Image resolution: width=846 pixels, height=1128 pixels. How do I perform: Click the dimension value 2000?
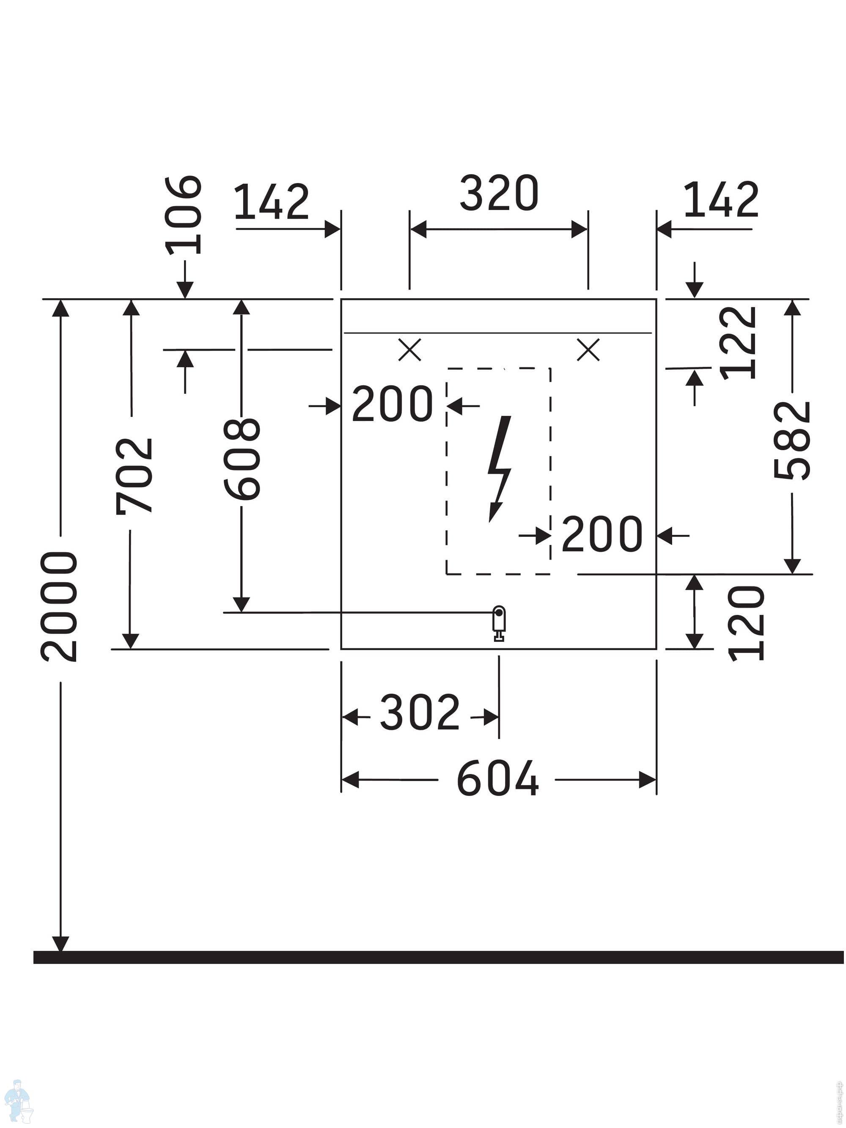[59, 607]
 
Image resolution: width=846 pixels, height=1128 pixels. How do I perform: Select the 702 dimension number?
[134, 476]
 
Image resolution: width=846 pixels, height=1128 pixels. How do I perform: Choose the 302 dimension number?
[420, 712]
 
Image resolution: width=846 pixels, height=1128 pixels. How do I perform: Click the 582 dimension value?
[791, 440]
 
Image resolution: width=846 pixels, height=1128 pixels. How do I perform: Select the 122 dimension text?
[737, 343]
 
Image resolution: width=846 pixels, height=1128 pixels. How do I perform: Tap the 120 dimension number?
[746, 623]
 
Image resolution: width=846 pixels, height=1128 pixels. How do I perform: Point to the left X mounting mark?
[409, 350]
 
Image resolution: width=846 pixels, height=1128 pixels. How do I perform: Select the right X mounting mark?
[588, 350]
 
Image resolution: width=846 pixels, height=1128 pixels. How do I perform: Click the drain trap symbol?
[499, 623]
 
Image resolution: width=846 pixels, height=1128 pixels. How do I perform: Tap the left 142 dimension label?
[271, 201]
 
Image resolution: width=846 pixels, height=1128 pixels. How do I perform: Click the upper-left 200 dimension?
[392, 404]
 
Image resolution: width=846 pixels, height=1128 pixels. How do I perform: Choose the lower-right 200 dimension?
[602, 534]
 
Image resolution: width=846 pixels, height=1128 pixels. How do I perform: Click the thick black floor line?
[439, 957]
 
